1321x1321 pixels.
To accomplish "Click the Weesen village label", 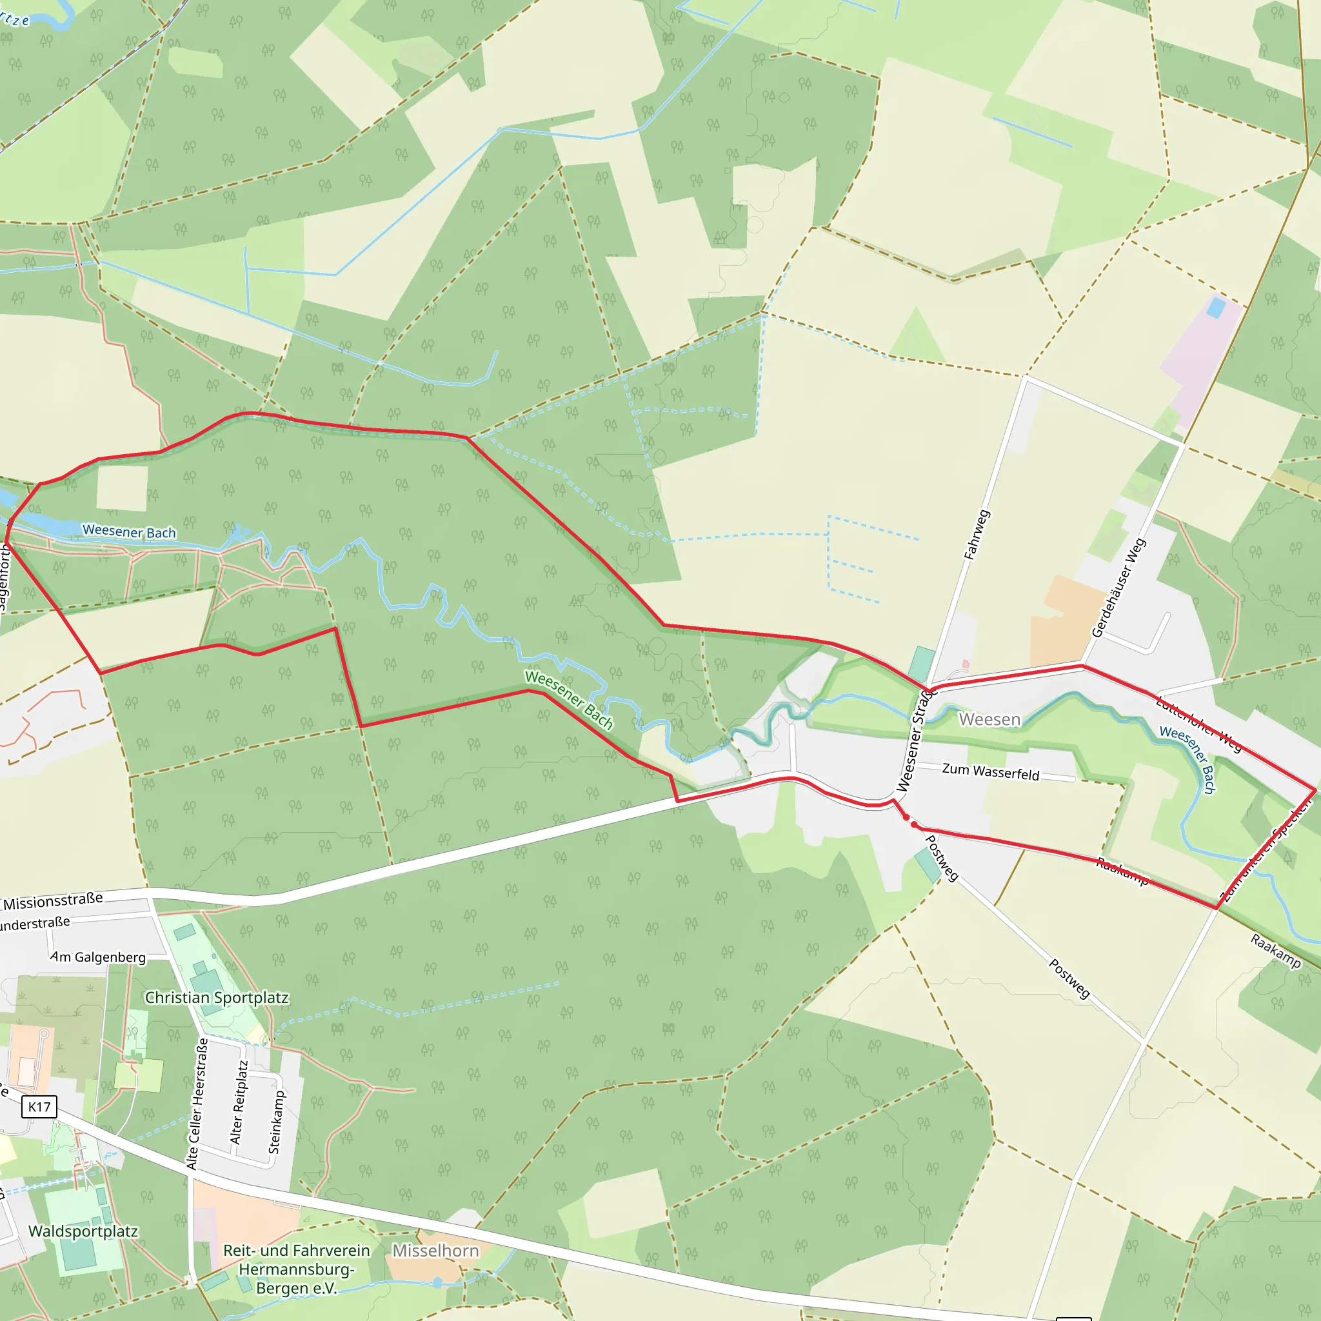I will (x=989, y=719).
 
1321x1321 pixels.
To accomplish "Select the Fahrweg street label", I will (x=977, y=535).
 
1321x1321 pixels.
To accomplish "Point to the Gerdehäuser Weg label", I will (x=1118, y=588).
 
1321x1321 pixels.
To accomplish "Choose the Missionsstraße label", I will (x=54, y=901).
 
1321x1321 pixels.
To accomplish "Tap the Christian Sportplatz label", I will (x=216, y=998).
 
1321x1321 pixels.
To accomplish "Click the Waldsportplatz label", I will (x=83, y=1231).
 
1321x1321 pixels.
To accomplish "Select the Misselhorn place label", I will (x=435, y=1251).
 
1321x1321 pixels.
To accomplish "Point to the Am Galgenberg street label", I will (x=98, y=957).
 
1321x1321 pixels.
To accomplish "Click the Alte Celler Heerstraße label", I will (x=197, y=1104).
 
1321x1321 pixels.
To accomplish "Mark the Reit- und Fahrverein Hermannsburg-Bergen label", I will (x=297, y=1269).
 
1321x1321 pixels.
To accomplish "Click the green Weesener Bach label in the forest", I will (x=569, y=699).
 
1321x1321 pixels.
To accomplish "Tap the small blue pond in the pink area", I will (x=1216, y=307).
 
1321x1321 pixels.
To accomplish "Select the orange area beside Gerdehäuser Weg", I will (x=1063, y=619).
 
